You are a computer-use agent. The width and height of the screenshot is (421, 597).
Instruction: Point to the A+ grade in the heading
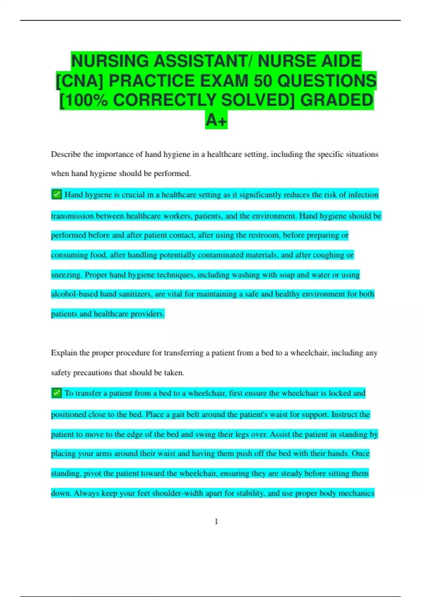point(216,120)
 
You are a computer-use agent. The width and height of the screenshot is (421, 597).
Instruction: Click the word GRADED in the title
point(336,100)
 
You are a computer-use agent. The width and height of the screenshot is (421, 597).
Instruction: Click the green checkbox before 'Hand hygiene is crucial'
point(56,194)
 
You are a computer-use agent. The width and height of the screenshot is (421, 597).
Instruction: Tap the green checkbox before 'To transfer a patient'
point(56,393)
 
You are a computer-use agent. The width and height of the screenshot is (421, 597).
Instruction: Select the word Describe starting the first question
point(66,154)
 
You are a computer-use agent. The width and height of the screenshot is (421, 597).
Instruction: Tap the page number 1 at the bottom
point(216,521)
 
